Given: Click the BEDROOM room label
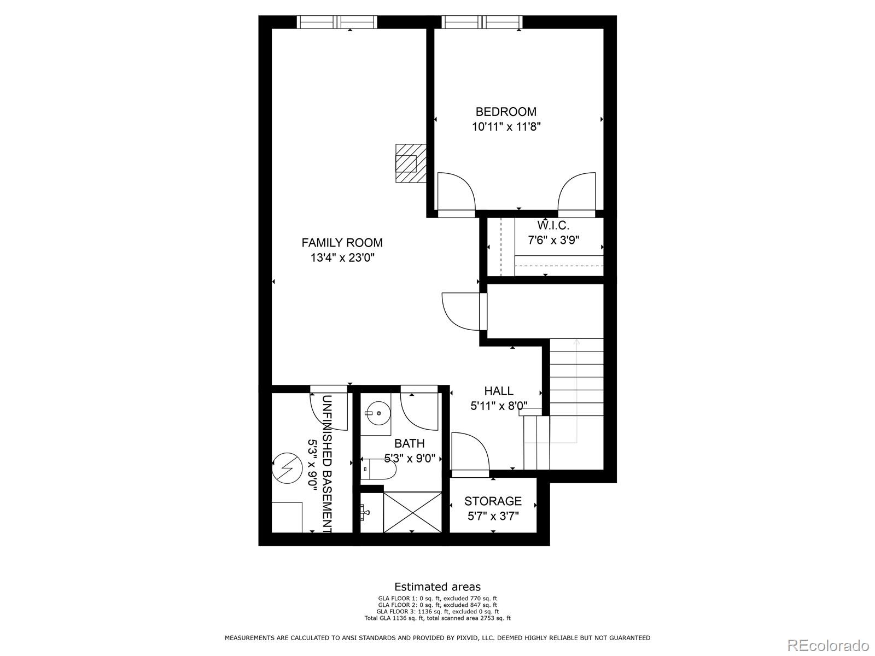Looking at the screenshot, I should tap(506, 112).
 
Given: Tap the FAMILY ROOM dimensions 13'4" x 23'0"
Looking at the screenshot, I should tap(342, 257).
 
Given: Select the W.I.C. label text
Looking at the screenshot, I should tap(553, 225).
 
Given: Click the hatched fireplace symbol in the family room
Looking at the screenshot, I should tap(410, 163).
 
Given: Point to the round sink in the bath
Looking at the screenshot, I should tap(377, 414).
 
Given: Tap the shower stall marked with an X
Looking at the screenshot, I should tap(413, 512).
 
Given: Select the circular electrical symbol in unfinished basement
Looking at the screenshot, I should tap(287, 468).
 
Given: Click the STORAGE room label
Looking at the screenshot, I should tap(493, 501).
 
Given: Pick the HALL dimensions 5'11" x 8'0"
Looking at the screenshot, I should tap(499, 406).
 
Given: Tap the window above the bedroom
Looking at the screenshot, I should tap(481, 22).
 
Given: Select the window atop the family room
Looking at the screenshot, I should tap(337, 22).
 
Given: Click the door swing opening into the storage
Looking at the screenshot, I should tap(469, 451).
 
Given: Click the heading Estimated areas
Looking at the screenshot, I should tap(437, 587).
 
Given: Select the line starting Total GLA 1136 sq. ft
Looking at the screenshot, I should tap(437, 618).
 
